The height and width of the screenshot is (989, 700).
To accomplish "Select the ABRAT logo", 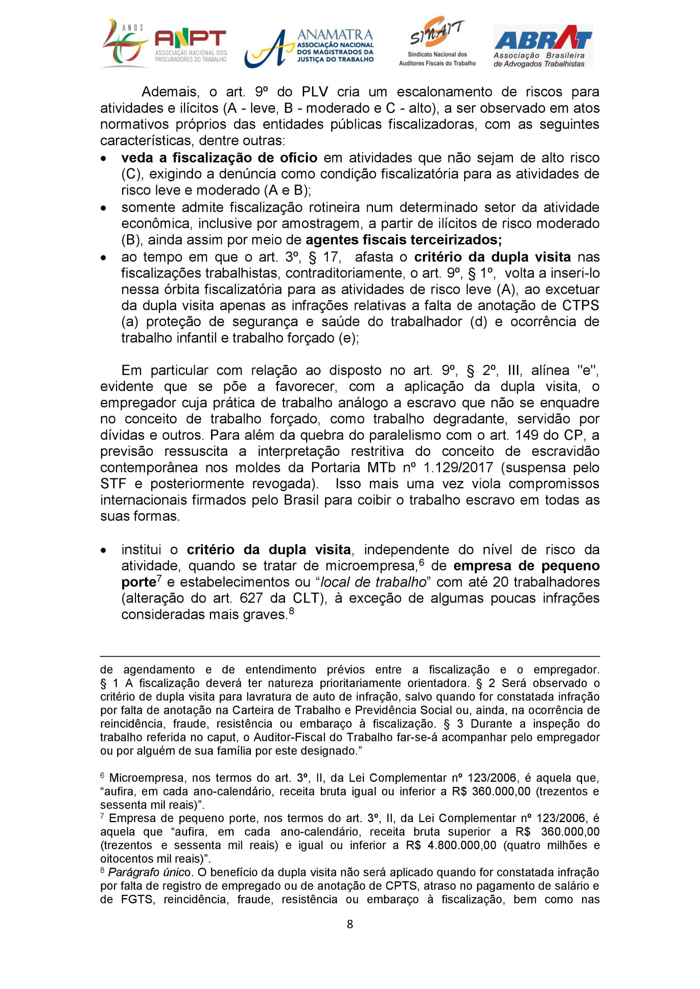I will pyautogui.click(x=543, y=46).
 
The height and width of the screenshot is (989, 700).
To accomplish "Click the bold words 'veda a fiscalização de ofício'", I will pyautogui.click(x=220, y=158).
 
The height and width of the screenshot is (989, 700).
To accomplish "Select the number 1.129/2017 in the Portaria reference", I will pyautogui.click(x=439, y=467).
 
